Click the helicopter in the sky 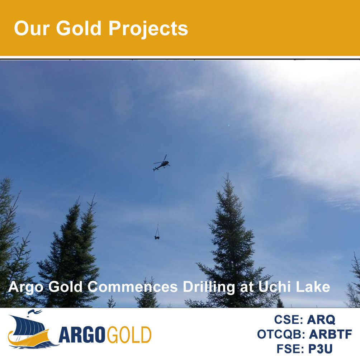(161, 164)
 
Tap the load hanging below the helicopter (157, 237)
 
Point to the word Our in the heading (32, 28)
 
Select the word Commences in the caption (133, 287)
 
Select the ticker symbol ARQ (321, 319)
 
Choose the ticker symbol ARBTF (330, 334)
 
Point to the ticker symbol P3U (320, 349)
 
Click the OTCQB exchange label (281, 334)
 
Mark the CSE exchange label (289, 319)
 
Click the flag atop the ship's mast (35, 312)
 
